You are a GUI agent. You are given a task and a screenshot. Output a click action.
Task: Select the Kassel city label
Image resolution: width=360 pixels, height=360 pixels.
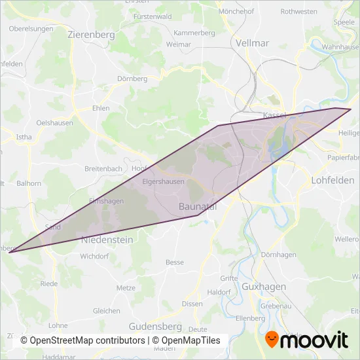[275, 115]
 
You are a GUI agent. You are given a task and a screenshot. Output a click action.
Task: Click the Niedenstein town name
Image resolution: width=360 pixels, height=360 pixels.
[107, 240]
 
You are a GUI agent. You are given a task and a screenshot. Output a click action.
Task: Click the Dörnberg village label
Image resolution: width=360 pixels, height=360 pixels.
[132, 79]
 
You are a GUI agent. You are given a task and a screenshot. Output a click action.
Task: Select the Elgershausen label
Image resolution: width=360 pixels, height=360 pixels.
[163, 182]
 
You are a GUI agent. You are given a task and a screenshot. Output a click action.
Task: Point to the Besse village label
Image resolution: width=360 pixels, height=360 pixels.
[175, 262]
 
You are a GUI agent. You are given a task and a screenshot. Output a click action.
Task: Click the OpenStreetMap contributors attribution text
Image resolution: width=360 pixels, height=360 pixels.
[82, 341]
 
